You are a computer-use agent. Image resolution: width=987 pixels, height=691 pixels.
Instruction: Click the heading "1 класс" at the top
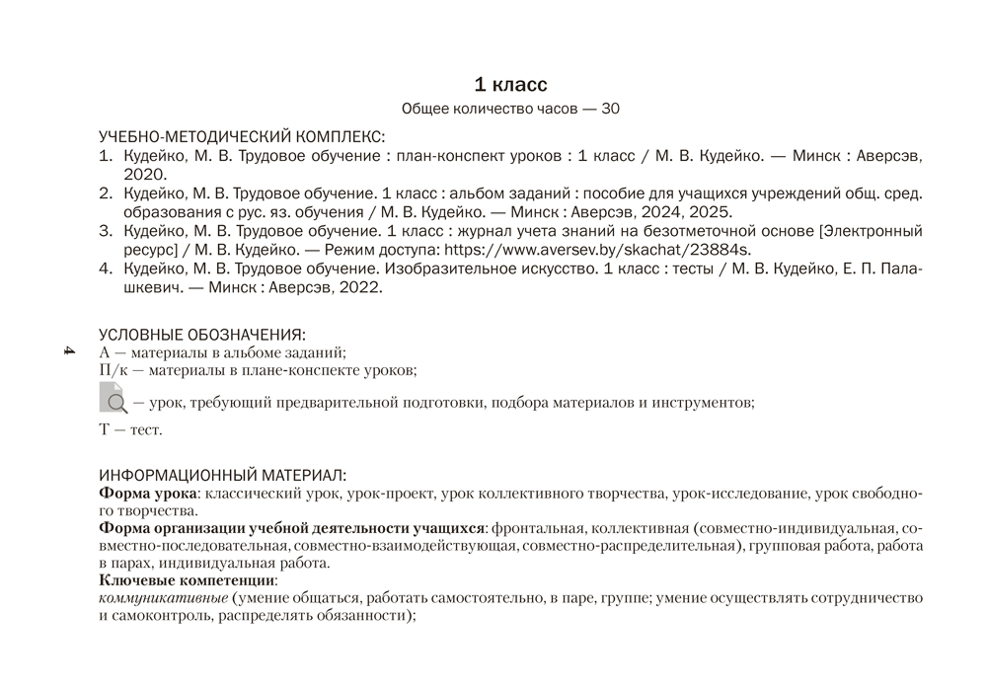click(x=510, y=85)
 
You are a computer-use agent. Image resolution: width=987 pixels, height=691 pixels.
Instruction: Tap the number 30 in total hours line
click(x=610, y=110)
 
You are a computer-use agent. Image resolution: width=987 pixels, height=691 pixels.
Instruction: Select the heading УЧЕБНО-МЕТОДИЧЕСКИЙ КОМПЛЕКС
click(x=242, y=136)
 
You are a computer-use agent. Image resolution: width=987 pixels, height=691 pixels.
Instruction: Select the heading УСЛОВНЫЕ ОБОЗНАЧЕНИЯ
click(x=202, y=335)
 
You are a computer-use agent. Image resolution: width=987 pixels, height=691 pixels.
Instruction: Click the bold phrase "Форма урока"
click(x=148, y=493)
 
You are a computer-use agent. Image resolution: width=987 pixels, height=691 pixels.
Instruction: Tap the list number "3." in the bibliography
click(x=106, y=231)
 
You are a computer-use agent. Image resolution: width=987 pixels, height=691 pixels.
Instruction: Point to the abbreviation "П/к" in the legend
click(x=113, y=370)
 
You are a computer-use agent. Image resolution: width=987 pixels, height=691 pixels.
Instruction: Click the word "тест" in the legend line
click(x=145, y=430)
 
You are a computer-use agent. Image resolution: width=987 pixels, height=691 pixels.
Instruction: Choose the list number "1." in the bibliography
click(x=106, y=156)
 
